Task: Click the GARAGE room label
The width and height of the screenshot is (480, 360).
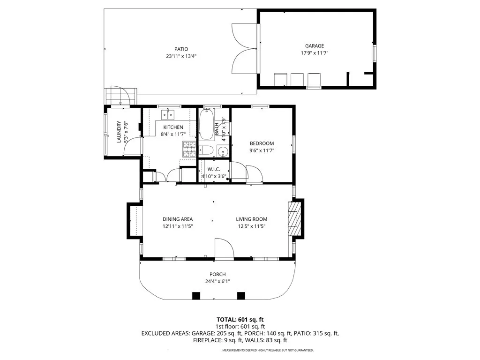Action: pyautogui.click(x=315, y=46)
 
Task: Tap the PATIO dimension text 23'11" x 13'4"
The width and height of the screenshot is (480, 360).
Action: pyautogui.click(x=181, y=56)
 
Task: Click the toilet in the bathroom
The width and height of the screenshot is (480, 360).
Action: pyautogui.click(x=206, y=150)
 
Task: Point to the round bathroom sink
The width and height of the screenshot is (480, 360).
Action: pyautogui.click(x=223, y=151)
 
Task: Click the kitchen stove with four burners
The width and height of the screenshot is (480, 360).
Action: pyautogui.click(x=189, y=149)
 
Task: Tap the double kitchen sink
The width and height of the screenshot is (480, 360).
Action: pyautogui.click(x=168, y=115)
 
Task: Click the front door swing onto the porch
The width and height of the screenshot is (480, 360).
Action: pyautogui.click(x=225, y=248)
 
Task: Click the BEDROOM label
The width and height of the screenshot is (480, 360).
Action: pyautogui.click(x=262, y=143)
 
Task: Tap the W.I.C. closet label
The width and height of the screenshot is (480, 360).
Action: pyautogui.click(x=214, y=169)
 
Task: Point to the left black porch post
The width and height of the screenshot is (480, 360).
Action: pyautogui.click(x=196, y=296)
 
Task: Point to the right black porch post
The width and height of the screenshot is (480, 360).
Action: pyautogui.click(x=241, y=296)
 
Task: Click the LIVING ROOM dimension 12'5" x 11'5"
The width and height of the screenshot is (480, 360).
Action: pyautogui.click(x=252, y=226)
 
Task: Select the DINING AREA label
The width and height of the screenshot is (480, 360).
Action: pyautogui.click(x=178, y=219)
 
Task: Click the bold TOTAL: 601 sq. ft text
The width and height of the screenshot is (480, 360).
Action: pyautogui.click(x=240, y=320)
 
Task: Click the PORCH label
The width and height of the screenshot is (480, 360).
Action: pyautogui.click(x=217, y=274)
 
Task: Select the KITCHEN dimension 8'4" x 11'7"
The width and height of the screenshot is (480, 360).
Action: pyautogui.click(x=173, y=134)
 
